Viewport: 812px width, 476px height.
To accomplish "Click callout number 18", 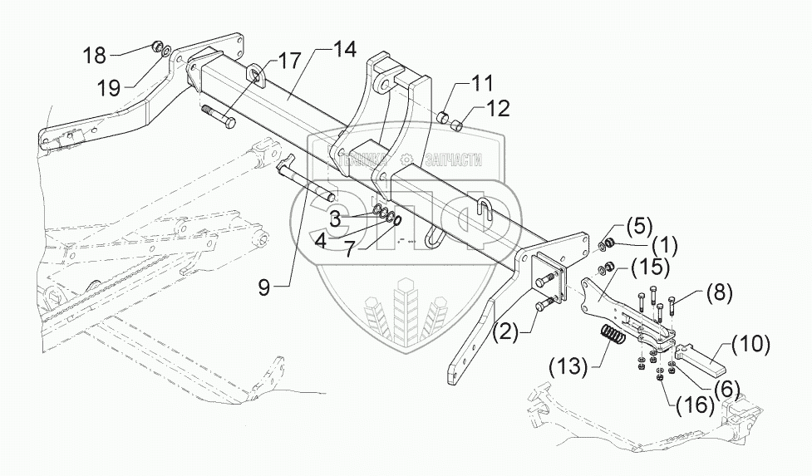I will [94, 56].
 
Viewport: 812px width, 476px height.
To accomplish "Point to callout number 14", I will [345, 50].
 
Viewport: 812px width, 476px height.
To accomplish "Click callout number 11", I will [482, 83].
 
